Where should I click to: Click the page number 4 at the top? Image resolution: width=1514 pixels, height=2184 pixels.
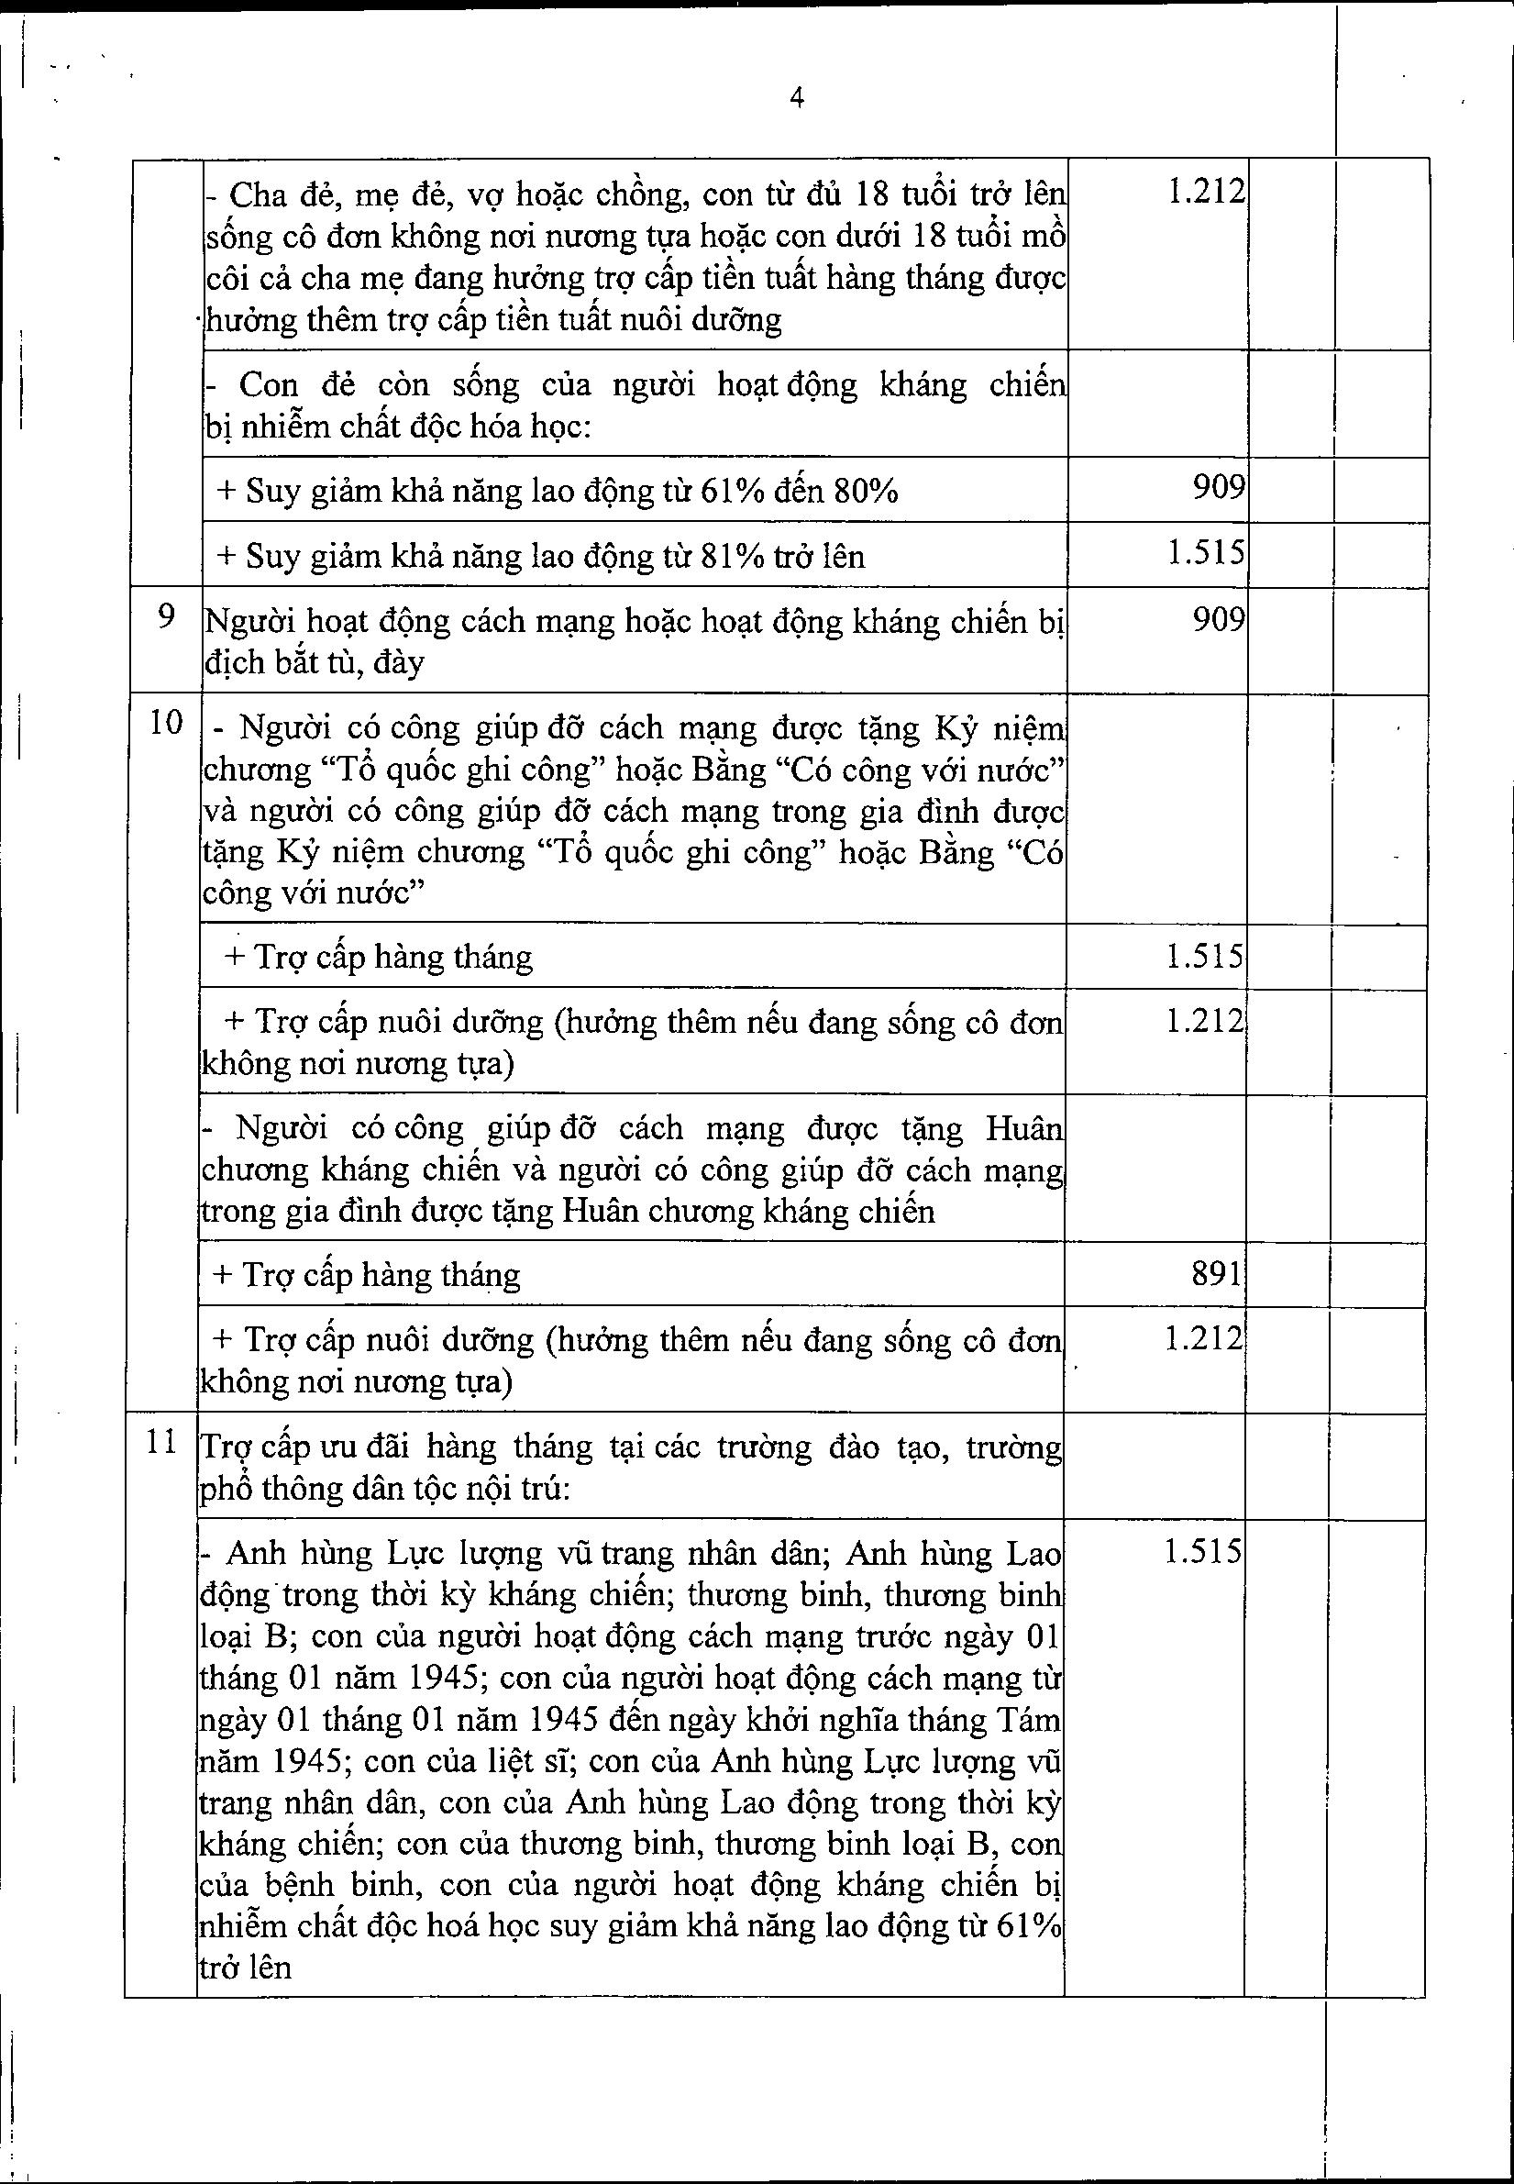797,99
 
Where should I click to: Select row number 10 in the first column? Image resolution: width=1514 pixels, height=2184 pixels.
165,723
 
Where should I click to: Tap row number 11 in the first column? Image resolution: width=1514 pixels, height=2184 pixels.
163,1442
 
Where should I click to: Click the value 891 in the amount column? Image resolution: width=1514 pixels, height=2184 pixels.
1216,1273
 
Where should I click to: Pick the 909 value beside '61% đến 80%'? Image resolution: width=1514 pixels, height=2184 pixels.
1219,487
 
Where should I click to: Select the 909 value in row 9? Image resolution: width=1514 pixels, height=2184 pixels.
1219,618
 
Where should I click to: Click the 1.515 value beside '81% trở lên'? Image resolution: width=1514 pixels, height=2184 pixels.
1205,552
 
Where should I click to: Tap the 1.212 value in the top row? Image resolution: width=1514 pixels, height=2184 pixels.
1205,193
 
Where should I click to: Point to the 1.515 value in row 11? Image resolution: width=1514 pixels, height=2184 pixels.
1202,1552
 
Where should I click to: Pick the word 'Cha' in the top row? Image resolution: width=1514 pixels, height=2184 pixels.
252,195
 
